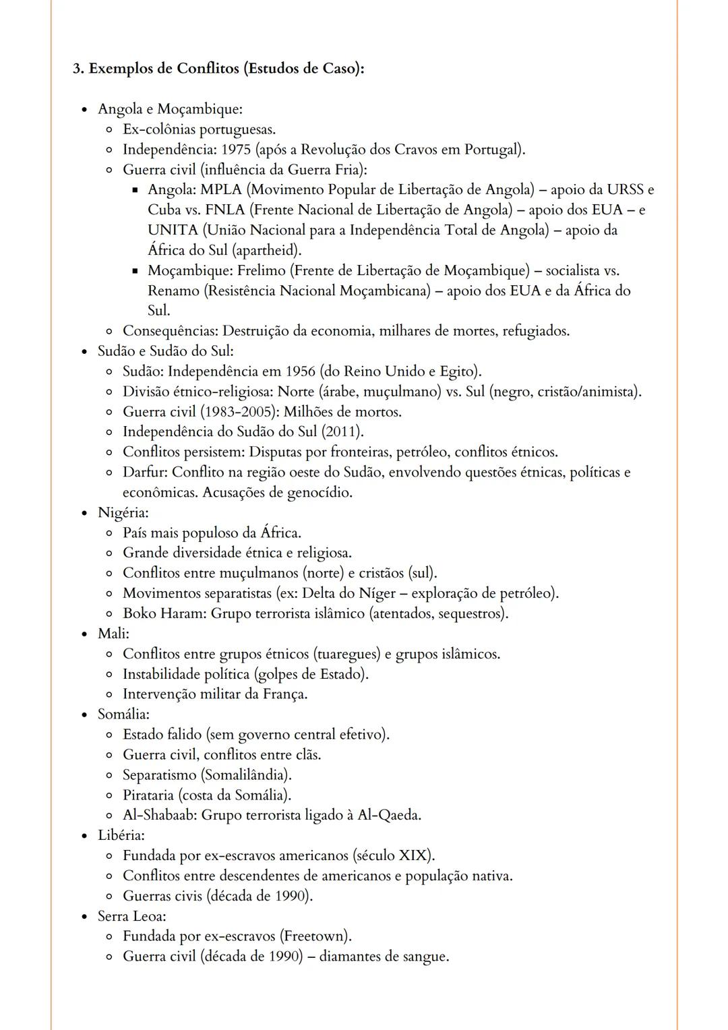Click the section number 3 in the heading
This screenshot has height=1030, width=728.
(77, 69)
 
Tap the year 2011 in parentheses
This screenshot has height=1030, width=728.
(342, 432)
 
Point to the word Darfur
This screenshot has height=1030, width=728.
(144, 473)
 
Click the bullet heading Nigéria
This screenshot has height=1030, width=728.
(123, 513)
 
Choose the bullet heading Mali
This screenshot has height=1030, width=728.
(113, 634)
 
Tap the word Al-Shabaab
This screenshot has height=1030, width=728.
(159, 816)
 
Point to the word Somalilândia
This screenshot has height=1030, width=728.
(246, 775)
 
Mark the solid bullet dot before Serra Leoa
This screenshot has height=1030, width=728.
(84, 917)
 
